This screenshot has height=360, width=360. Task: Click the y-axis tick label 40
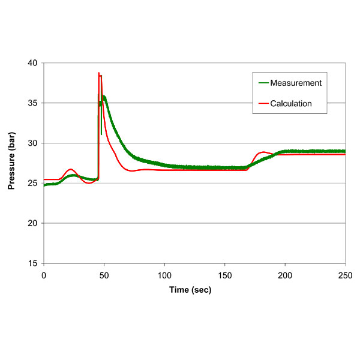click(32, 63)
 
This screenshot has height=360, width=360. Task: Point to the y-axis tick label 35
click(32, 103)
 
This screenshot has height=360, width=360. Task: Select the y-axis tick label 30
click(32, 143)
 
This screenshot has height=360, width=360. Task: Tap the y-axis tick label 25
click(32, 183)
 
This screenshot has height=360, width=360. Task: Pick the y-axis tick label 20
click(32, 223)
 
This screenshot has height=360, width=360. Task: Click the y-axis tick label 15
click(32, 263)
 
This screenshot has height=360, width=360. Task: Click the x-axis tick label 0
click(44, 275)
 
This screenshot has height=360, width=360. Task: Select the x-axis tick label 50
click(104, 275)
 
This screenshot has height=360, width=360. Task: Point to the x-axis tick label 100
click(164, 275)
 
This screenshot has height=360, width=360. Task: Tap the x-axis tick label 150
click(224, 275)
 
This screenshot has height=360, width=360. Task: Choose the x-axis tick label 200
click(285, 275)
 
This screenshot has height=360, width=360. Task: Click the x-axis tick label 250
click(345, 275)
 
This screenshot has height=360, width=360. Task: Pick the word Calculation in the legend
click(291, 104)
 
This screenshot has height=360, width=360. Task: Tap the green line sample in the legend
click(262, 83)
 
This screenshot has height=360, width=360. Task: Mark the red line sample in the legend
click(262, 104)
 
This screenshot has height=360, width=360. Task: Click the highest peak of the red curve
click(99, 73)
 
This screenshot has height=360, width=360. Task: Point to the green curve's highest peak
click(104, 96)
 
